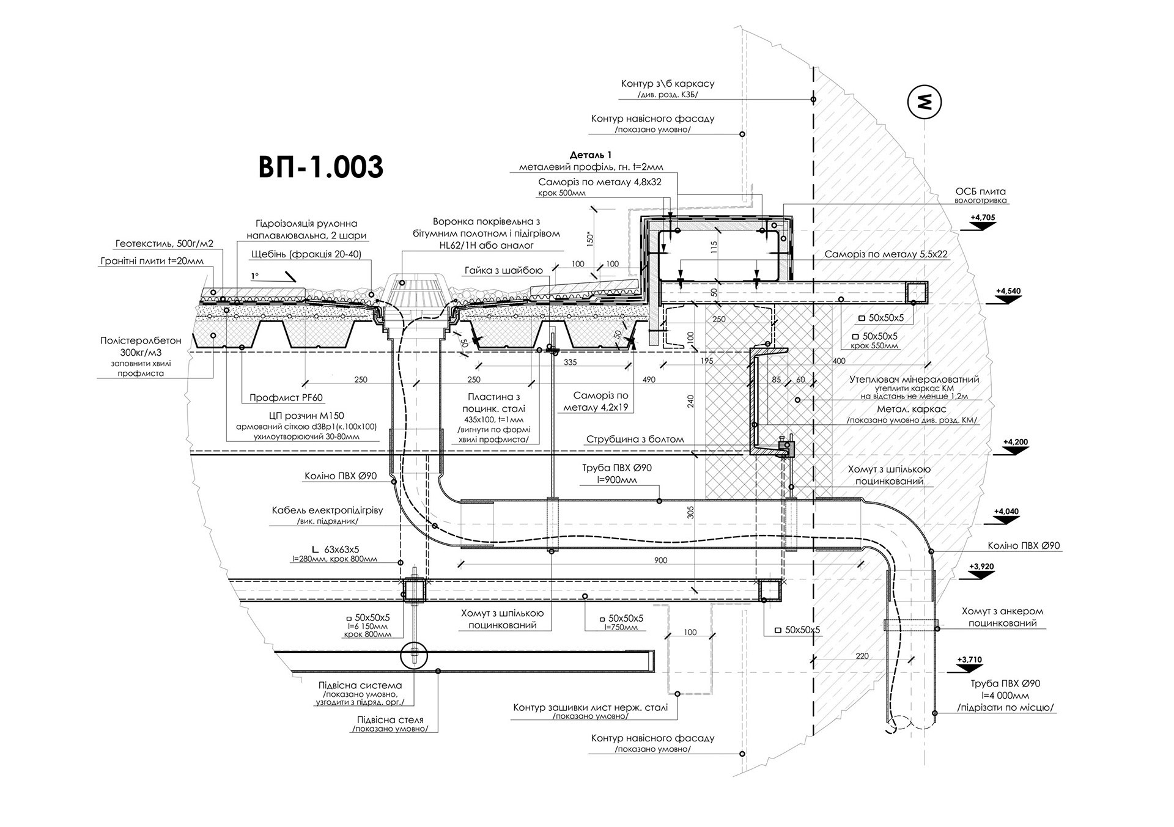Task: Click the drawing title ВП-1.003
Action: pos(320,167)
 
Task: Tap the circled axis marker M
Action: pos(924,101)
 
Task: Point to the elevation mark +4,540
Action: pos(1008,291)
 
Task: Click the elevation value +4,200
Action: pos(1016,442)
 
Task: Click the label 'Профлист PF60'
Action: pos(286,398)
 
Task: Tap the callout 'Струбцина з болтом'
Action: pos(635,439)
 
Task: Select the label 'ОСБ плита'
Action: pos(980,191)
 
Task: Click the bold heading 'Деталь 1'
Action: pos(591,155)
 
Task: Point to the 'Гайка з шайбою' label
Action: pos(503,271)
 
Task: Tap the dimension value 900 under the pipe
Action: pos(660,561)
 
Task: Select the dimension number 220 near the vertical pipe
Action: pos(862,656)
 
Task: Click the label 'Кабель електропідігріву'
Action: pos(328,510)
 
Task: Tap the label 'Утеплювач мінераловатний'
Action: pos(914,380)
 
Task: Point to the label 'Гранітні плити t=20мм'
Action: pos(152,261)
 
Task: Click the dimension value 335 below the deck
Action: pos(570,362)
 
